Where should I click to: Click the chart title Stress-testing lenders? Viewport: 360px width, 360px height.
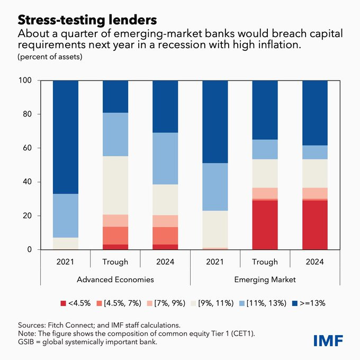pyautogui.click(x=87, y=20)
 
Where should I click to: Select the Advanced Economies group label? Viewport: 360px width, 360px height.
pyautogui.click(x=115, y=279)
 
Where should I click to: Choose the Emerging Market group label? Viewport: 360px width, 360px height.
pyautogui.click(x=265, y=279)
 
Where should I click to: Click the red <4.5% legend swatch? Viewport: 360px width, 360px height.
pyautogui.click(x=64, y=303)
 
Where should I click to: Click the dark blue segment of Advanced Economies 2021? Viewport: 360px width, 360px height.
pyautogui.click(x=66, y=137)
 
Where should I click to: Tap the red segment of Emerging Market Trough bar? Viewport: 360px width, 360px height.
pyautogui.click(x=265, y=225)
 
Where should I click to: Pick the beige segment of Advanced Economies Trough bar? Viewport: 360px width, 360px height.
pyautogui.click(x=115, y=185)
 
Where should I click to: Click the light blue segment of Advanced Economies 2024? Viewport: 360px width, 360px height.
pyautogui.click(x=165, y=158)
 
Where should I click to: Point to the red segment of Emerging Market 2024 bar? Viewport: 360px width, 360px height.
pyautogui.click(x=315, y=225)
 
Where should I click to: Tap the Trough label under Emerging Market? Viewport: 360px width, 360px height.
pyautogui.click(x=265, y=262)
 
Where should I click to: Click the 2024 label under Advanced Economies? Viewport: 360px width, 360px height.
pyautogui.click(x=165, y=262)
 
